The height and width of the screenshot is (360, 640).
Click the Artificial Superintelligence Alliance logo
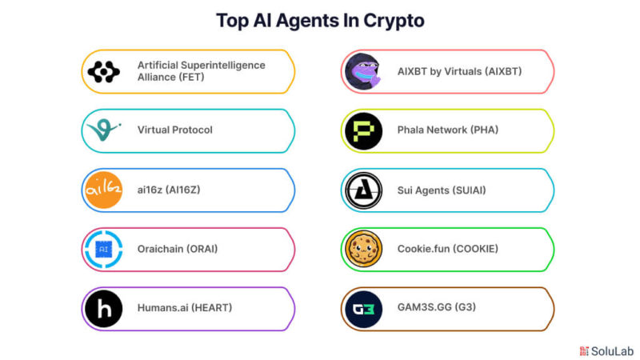(104, 72)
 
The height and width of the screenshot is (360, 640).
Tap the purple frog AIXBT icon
(363, 71)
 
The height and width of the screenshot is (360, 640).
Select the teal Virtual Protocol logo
(105, 130)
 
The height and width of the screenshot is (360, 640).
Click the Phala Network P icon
(363, 131)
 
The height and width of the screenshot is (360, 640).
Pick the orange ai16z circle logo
(104, 190)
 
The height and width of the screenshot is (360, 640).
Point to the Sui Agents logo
(363, 190)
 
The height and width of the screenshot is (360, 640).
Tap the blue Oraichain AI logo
(104, 250)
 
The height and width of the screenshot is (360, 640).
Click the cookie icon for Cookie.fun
(363, 249)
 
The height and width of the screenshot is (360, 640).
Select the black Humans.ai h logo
(104, 309)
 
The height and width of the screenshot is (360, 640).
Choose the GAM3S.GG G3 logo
(363, 309)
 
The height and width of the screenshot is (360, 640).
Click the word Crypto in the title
(394, 22)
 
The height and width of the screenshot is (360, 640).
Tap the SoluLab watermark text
(612, 351)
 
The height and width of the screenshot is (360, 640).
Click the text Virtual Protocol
(174, 130)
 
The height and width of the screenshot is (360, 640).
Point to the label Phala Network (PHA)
(448, 130)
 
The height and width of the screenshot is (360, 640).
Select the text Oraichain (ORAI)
(177, 249)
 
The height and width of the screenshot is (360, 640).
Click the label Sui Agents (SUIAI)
(442, 190)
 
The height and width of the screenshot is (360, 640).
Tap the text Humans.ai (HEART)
(185, 308)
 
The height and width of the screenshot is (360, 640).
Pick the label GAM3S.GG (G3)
(436, 307)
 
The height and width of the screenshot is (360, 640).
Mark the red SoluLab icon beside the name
(584, 351)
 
